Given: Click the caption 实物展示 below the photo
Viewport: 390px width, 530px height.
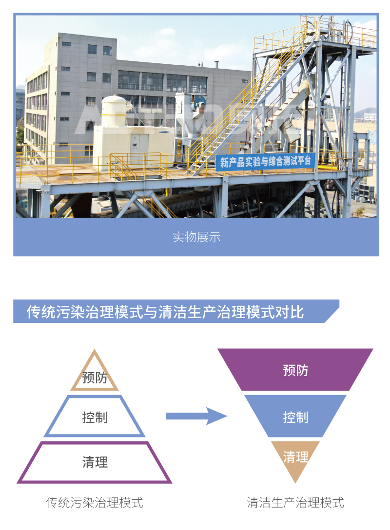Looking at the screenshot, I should (x=196, y=237).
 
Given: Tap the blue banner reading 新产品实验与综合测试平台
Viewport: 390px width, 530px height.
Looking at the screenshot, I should (x=265, y=161).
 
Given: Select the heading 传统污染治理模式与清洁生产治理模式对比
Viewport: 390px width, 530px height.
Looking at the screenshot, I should (x=166, y=312).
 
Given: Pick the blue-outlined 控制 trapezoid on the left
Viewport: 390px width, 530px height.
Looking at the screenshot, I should (x=95, y=417).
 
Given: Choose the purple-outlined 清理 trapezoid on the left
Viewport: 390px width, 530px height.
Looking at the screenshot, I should (x=95, y=462).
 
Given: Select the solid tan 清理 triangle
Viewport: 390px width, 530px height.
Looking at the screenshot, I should (x=295, y=458).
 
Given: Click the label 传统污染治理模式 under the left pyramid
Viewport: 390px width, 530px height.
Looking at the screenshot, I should (x=95, y=502).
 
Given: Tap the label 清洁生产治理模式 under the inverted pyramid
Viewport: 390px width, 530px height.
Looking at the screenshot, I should (x=295, y=502).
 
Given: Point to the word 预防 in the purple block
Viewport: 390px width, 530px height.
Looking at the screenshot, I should (x=295, y=370).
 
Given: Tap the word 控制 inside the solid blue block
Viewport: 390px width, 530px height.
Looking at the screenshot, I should (x=295, y=417).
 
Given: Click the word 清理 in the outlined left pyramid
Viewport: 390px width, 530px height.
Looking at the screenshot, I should (x=95, y=462).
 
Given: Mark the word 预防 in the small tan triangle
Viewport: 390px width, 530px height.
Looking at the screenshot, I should (x=95, y=378).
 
